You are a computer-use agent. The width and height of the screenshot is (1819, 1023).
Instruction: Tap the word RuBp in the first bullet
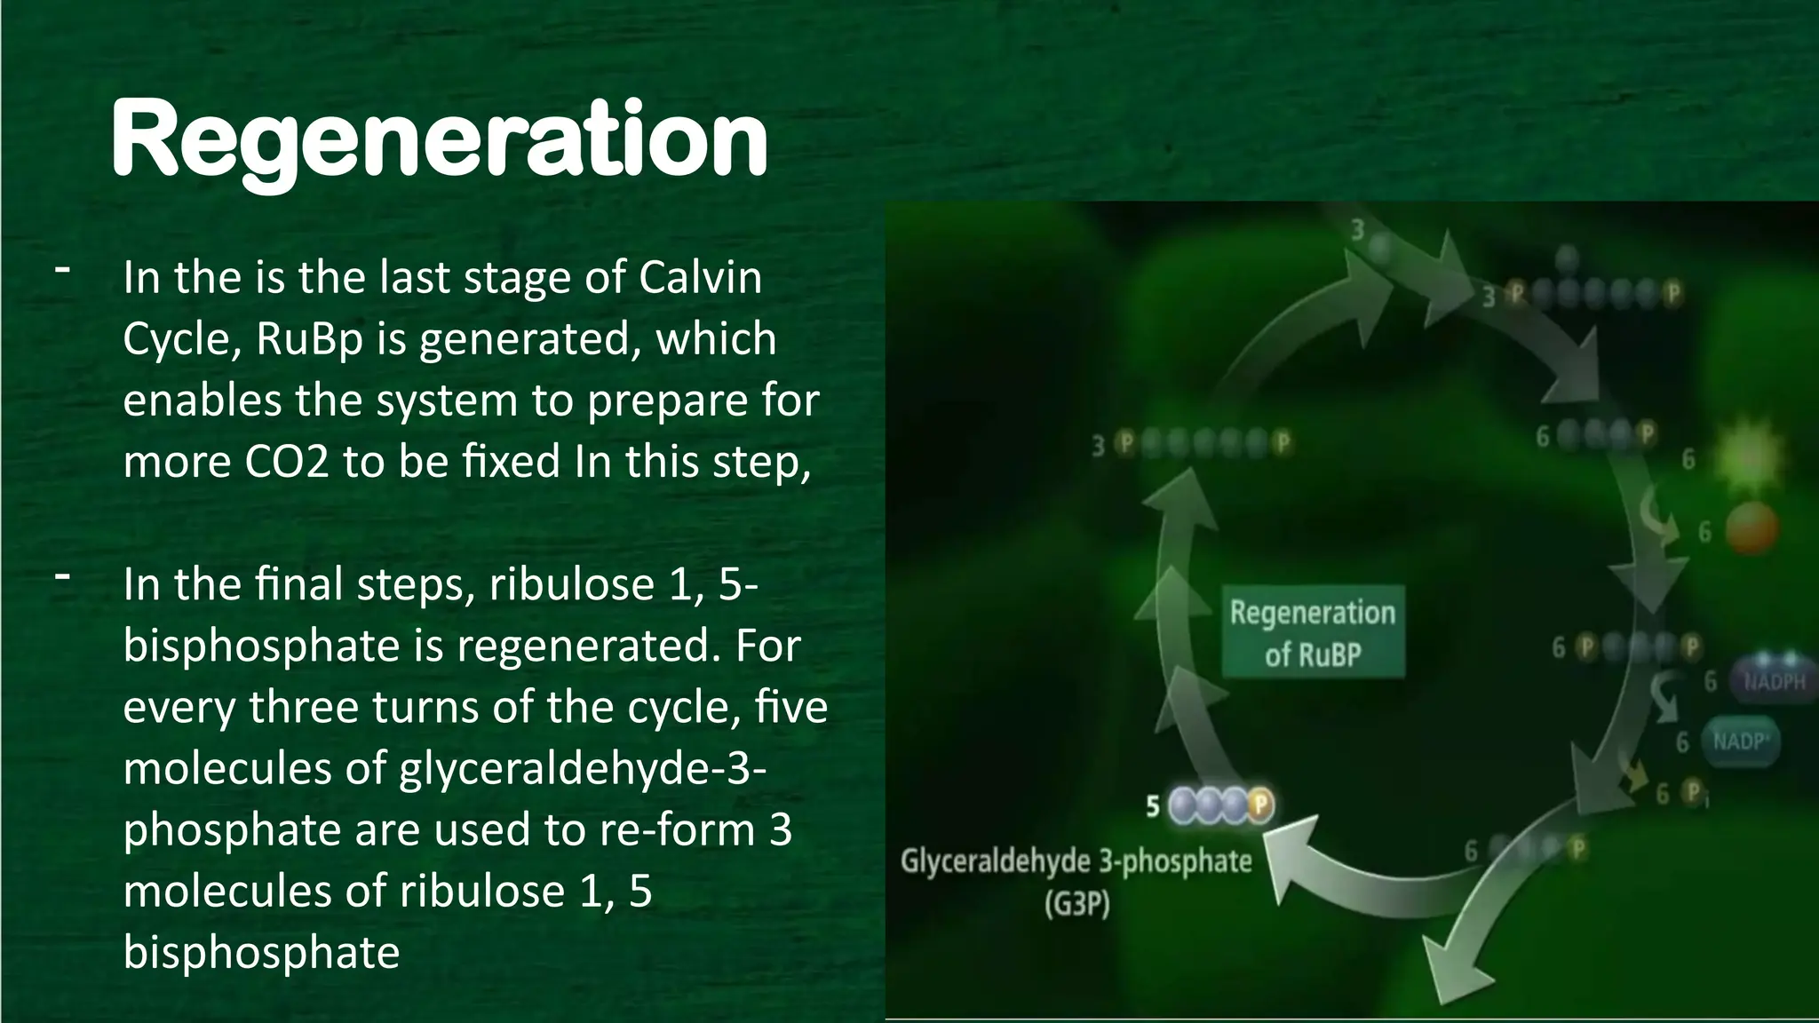[309, 338]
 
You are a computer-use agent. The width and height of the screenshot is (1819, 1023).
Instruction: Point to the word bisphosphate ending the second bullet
[261, 952]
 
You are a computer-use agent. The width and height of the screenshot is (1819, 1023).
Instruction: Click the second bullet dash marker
[62, 576]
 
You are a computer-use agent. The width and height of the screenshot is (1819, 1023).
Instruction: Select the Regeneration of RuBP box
[1313, 632]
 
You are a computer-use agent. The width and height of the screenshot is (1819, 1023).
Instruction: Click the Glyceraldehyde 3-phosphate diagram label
[1076, 861]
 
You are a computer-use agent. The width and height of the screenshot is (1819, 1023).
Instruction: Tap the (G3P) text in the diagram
[1076, 905]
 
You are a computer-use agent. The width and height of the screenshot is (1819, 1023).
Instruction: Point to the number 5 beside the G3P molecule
[1153, 806]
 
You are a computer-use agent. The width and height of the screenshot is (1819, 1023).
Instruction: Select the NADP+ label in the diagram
[1741, 741]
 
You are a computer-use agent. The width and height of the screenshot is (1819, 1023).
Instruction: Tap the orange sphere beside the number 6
[1751, 529]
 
